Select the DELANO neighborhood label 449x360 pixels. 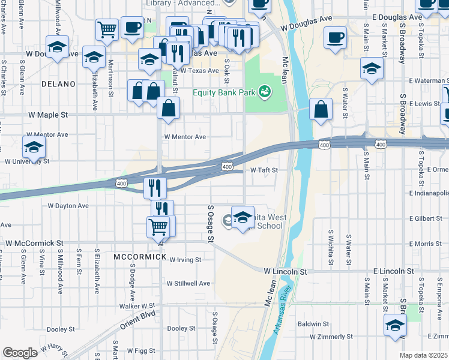[58, 84]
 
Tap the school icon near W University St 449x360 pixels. [34, 148]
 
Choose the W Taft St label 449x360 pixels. [264, 170]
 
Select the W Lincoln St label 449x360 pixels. [285, 272]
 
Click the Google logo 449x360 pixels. [20, 353]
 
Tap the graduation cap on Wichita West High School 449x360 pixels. [243, 218]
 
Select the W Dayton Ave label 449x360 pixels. [68, 206]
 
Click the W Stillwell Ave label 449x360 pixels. [188, 283]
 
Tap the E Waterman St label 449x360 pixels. [429, 80]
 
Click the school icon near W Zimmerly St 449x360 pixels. [395, 326]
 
